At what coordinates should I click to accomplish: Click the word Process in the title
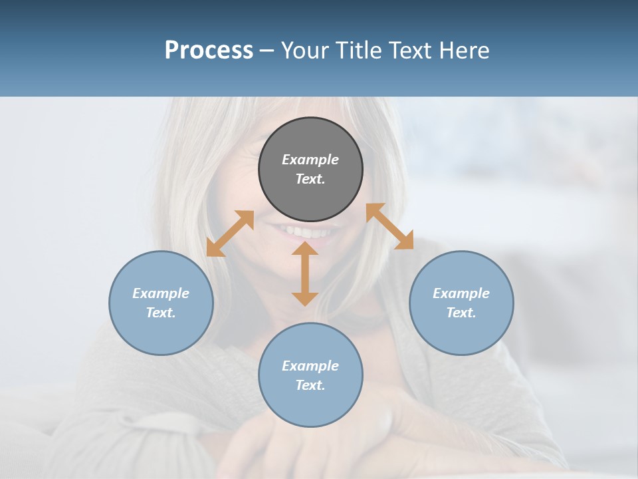pyautogui.click(x=209, y=51)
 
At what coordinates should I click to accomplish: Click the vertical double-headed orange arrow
pyautogui.click(x=305, y=273)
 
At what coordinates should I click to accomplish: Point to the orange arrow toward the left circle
pyautogui.click(x=230, y=234)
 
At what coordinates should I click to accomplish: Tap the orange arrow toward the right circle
pyautogui.click(x=390, y=226)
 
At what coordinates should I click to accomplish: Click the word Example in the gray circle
pyautogui.click(x=310, y=160)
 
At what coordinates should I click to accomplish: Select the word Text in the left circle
pyautogui.click(x=161, y=313)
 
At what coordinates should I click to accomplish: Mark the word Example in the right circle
pyautogui.click(x=461, y=293)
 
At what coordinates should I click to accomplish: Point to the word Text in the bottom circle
pyautogui.click(x=310, y=385)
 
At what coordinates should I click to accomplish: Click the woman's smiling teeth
pyautogui.click(x=307, y=233)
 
